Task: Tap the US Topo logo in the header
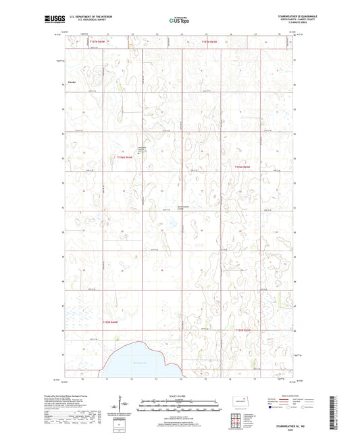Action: (x=179, y=20)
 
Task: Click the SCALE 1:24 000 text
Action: (x=180, y=396)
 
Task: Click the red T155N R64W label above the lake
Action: (x=110, y=323)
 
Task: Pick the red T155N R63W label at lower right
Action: (x=242, y=330)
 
